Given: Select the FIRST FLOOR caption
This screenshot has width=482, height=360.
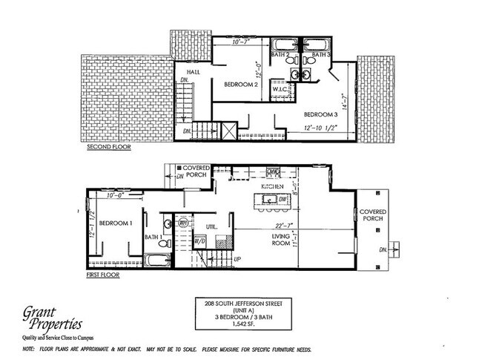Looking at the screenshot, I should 103,275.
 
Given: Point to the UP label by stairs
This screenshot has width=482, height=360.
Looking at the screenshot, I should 237,261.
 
